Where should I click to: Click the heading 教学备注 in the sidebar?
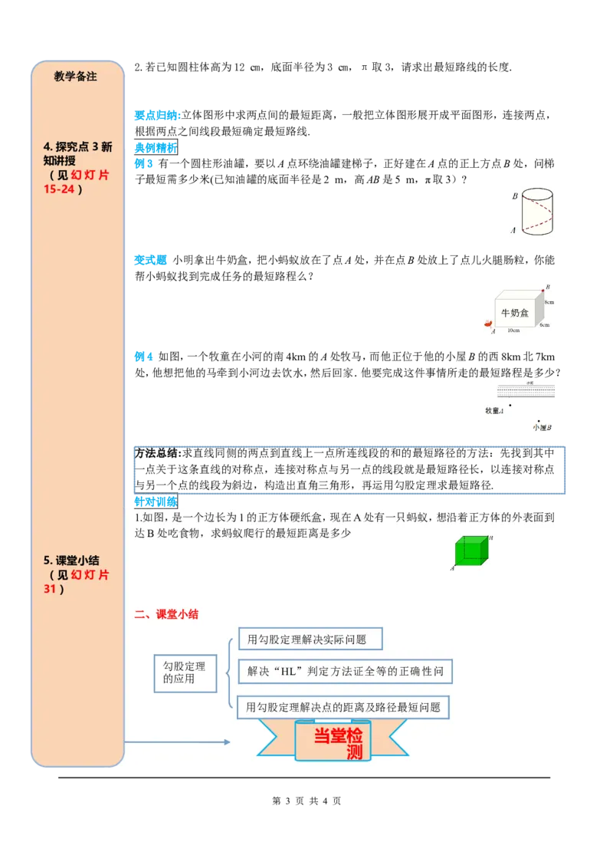[76, 77]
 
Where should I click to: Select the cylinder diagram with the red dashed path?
[533, 212]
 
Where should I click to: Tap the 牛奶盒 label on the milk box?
[515, 313]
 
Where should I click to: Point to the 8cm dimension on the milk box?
[549, 303]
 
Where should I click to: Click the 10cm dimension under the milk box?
[513, 330]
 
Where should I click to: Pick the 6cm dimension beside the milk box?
[544, 325]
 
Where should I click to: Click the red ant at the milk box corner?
[487, 324]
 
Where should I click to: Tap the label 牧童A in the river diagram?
[495, 410]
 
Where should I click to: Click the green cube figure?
[469, 551]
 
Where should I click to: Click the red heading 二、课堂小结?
[166, 614]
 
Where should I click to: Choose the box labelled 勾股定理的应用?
[185, 672]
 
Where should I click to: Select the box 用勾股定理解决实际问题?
[310, 639]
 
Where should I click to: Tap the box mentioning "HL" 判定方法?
[345, 672]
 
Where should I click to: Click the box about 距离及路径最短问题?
[343, 707]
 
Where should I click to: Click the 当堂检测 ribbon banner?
[333, 741]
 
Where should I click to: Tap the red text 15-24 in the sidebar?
[59, 189]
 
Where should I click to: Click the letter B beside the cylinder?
[516, 196]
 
